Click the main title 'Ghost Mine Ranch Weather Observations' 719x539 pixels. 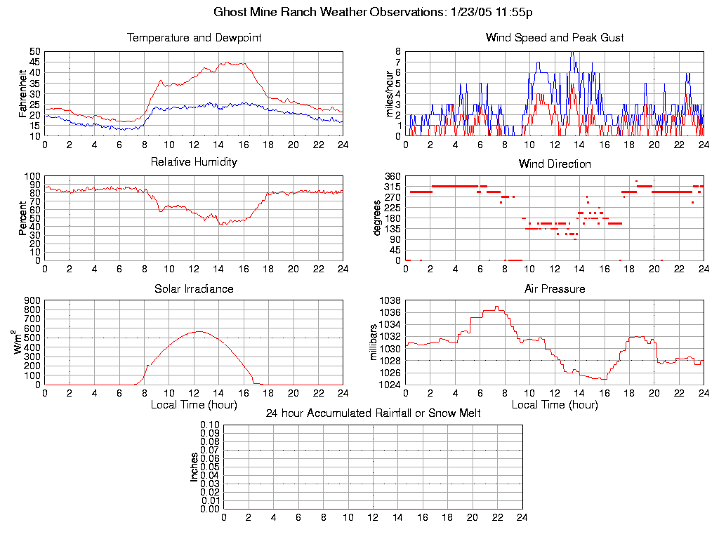(x=328, y=12)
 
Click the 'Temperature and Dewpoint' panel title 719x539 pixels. (x=194, y=38)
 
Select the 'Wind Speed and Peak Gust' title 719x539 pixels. (x=555, y=38)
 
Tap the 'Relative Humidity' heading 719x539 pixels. (x=194, y=162)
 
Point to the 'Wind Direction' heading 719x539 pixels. (x=555, y=164)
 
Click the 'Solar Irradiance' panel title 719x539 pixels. (x=194, y=289)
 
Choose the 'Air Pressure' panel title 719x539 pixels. (x=555, y=289)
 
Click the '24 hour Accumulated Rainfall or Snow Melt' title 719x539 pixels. (x=373, y=413)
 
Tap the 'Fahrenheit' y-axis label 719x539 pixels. (x=23, y=93)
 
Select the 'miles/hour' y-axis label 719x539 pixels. (x=383, y=93)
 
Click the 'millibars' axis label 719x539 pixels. (x=374, y=342)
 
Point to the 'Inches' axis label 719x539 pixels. (x=194, y=467)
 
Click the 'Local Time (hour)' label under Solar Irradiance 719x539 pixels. (x=194, y=405)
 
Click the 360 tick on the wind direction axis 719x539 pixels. (x=392, y=176)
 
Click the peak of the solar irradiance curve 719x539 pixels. (x=199, y=331)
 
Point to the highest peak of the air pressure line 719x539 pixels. (x=496, y=307)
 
